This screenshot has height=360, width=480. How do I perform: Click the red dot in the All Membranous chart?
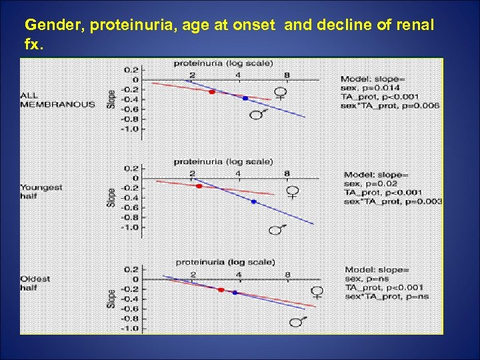(x=211, y=91)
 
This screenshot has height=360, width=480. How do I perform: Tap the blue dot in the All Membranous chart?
(x=245, y=98)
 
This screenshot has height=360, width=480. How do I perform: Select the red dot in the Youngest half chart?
(x=199, y=186)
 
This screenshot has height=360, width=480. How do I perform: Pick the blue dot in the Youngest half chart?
(x=253, y=201)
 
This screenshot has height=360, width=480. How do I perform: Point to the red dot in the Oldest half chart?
(x=221, y=289)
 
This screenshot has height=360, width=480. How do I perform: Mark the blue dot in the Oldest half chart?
(x=235, y=292)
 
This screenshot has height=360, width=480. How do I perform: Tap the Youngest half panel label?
(x=41, y=192)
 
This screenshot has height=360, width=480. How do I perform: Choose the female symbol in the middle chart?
(x=292, y=193)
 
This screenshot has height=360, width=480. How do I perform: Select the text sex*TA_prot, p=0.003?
(x=393, y=201)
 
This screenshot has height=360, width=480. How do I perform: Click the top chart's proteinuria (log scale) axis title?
(x=223, y=63)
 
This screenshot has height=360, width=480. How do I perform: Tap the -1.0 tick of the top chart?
(x=129, y=129)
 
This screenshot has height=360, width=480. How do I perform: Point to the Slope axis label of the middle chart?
(x=111, y=197)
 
